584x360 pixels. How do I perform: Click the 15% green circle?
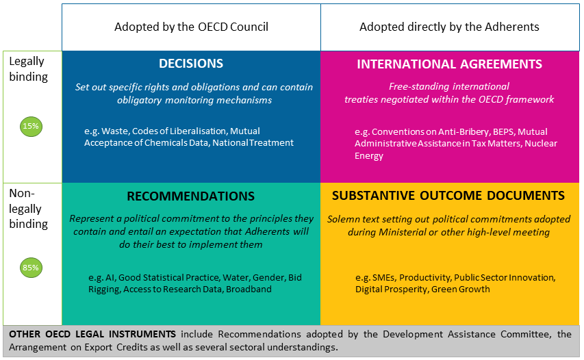pos(31,126)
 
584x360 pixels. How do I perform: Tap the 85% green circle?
pos(31,268)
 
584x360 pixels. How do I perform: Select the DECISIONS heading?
pos(191,64)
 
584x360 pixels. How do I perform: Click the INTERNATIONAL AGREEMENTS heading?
pos(449,64)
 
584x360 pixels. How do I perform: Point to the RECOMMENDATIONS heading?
pos(191,196)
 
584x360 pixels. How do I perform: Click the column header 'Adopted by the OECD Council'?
pos(191,27)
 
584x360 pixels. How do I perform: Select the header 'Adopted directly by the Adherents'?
pos(449,27)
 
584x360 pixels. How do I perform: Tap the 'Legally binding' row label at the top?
pos(28,69)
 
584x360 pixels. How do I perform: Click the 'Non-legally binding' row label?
pos(28,209)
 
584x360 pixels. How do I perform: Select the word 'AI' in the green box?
pos(110,278)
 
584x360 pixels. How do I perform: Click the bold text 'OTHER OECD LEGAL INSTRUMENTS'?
pos(91,334)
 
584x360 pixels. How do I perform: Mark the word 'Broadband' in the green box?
pos(249,290)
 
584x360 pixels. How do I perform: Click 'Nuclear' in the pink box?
pos(541,144)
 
